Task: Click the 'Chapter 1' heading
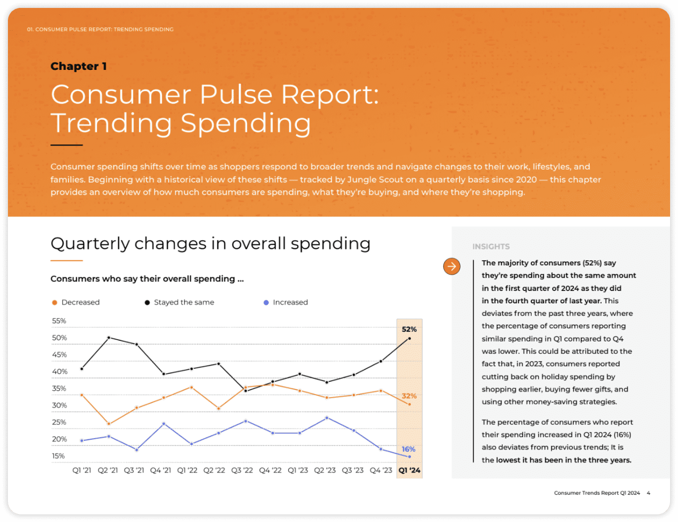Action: tap(78, 66)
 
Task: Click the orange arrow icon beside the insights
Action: tap(452, 266)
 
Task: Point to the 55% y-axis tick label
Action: tap(59, 321)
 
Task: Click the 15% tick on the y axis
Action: tap(59, 456)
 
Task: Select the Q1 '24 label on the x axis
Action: tap(409, 470)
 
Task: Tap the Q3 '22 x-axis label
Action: tap(242, 470)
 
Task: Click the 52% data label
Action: tap(409, 329)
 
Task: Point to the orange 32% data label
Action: tap(409, 396)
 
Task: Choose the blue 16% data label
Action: tap(408, 449)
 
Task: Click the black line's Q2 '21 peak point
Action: tap(109, 338)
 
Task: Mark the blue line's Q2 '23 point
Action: tap(327, 418)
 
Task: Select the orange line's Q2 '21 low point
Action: tap(109, 424)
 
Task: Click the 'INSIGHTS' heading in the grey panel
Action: tap(491, 246)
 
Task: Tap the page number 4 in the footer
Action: tap(648, 493)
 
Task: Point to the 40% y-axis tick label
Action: tap(60, 372)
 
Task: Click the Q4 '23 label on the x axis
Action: tap(381, 470)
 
